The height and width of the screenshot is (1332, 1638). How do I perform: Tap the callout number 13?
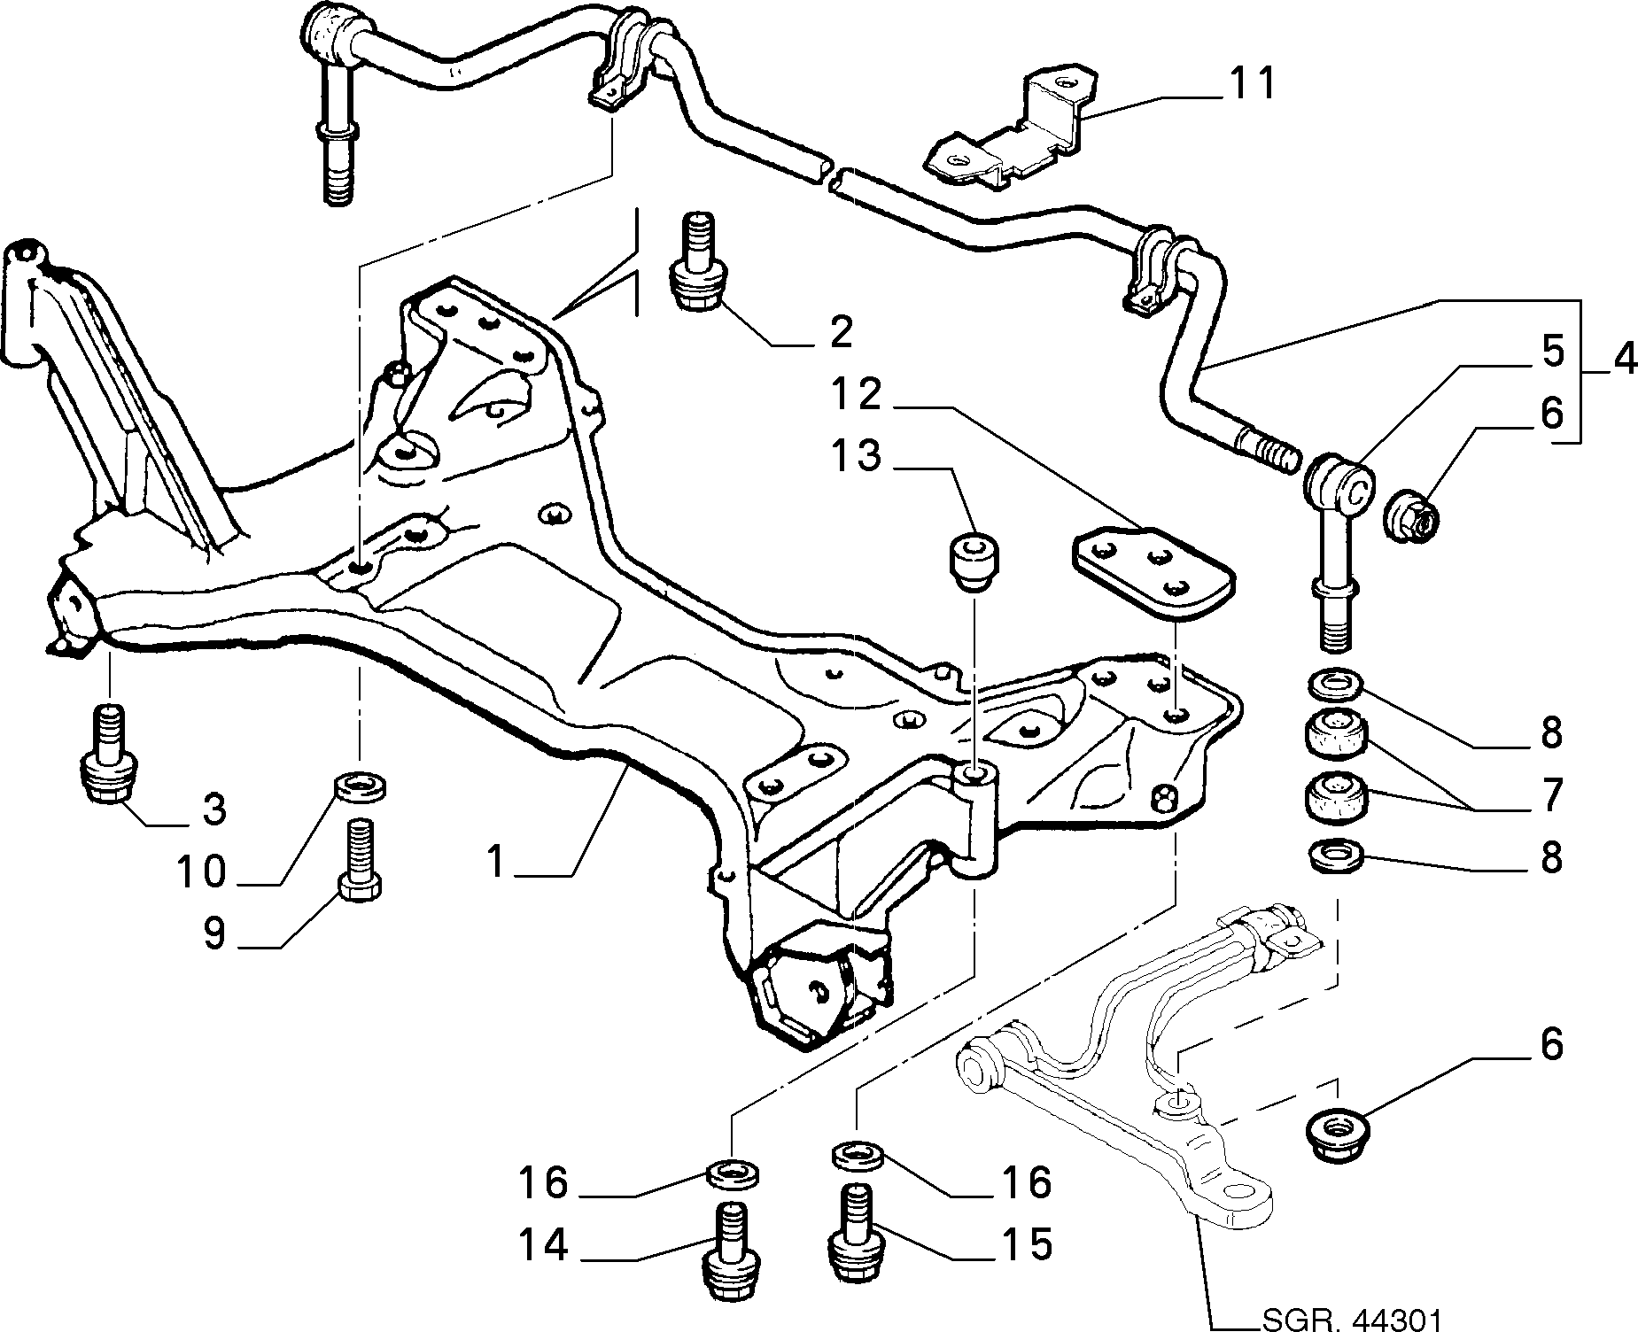pyautogui.click(x=856, y=456)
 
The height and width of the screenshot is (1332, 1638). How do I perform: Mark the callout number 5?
pyautogui.click(x=1552, y=352)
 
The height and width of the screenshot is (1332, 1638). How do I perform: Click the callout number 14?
pyautogui.click(x=543, y=1246)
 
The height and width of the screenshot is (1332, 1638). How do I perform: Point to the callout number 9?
pyautogui.click(x=213, y=934)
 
